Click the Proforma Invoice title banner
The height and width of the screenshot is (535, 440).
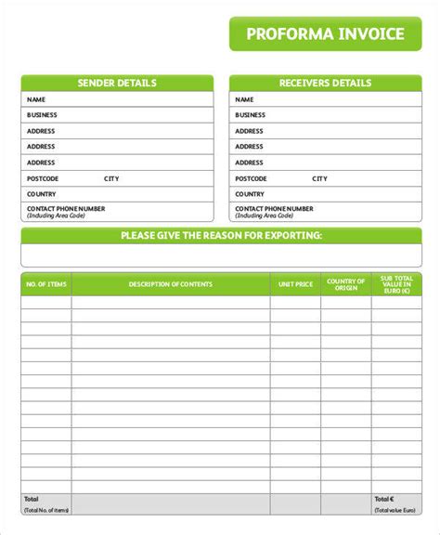point(325,34)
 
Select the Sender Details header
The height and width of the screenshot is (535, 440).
point(117,84)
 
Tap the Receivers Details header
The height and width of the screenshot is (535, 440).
point(325,84)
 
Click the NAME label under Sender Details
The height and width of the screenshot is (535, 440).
point(36,99)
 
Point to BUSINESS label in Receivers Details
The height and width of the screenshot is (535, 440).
point(251,115)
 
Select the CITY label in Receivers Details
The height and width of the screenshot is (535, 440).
point(319,178)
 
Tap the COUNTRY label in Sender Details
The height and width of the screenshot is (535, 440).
point(42,194)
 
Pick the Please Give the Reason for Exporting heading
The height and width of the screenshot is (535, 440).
point(221,236)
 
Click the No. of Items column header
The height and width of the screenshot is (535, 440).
point(45,284)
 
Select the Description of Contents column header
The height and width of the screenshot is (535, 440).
point(171,284)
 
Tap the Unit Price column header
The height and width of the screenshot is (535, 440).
point(295,284)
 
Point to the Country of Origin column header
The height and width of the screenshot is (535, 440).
point(346,284)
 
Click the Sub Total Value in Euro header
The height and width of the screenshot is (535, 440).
point(396,284)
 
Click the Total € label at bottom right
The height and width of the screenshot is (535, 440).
point(384,499)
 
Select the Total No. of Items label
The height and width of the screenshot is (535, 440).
point(45,510)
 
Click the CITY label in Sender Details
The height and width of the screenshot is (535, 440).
point(111,178)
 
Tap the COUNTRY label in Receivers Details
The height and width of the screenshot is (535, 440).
point(250,194)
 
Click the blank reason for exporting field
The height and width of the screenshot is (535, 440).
point(221,254)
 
